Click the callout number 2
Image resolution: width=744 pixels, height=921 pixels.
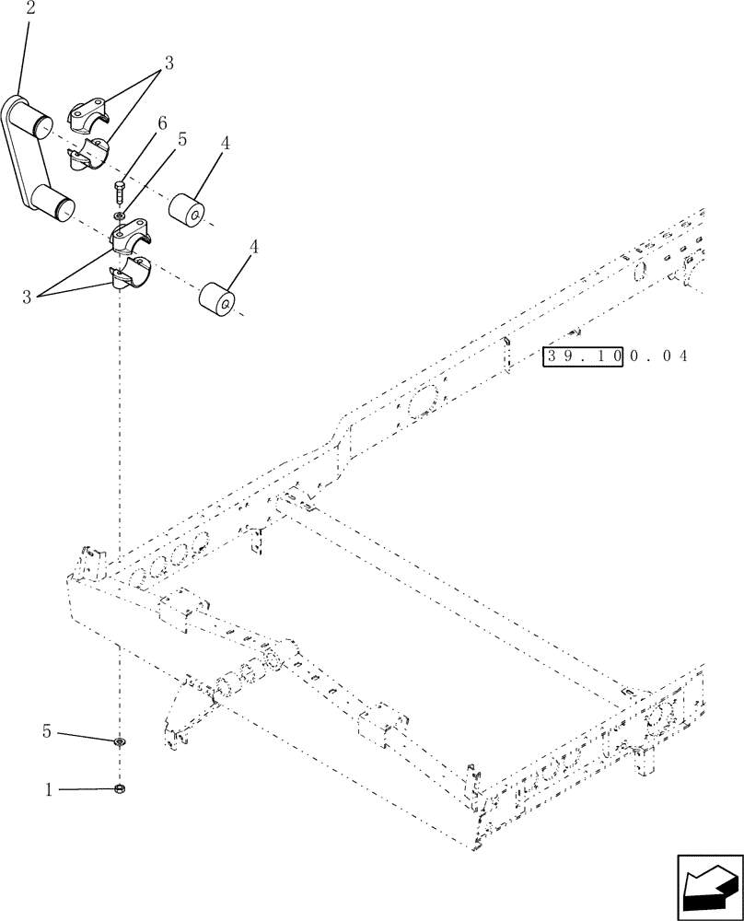pyautogui.click(x=31, y=9)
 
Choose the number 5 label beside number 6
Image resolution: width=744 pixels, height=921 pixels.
pyautogui.click(x=182, y=140)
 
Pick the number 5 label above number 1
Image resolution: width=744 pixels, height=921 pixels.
pyautogui.click(x=45, y=732)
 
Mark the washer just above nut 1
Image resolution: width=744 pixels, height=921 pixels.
pyautogui.click(x=121, y=741)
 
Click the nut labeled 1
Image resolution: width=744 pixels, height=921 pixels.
pyautogui.click(x=121, y=788)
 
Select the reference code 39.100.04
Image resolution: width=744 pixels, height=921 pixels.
pyautogui.click(x=615, y=356)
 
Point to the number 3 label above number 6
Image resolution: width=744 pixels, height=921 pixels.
pyautogui.click(x=169, y=64)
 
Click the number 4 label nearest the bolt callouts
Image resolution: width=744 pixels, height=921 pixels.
pyautogui.click(x=226, y=145)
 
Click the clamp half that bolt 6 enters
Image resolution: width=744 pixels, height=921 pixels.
pyautogui.click(x=134, y=235)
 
